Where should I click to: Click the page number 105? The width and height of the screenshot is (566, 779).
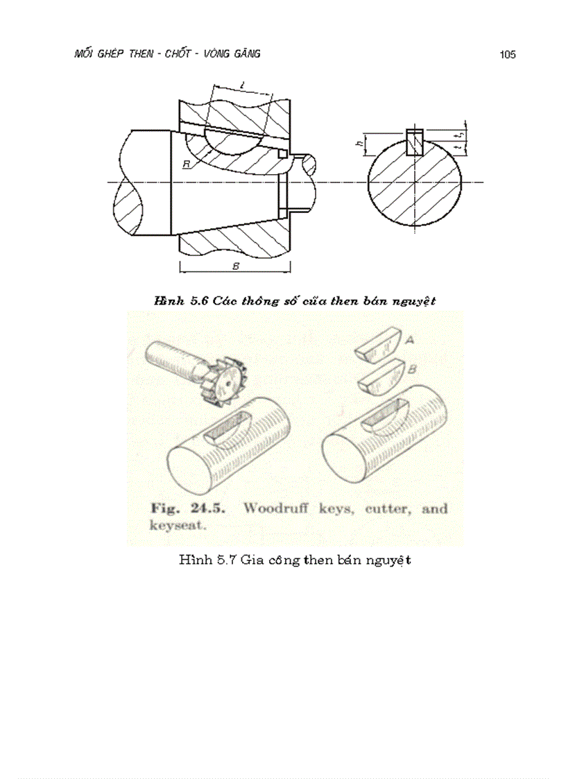(x=507, y=55)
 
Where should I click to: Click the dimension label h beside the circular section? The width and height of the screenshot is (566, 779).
(x=359, y=144)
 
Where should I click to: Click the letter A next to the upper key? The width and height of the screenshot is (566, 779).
(x=409, y=341)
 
